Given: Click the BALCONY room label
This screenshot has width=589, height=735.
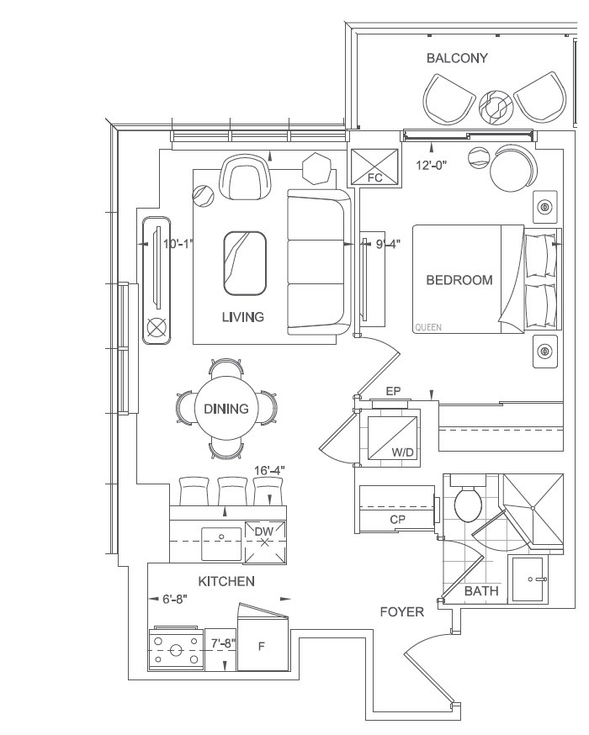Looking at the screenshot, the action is (457, 58).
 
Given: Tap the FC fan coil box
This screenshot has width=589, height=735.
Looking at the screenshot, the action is (375, 167).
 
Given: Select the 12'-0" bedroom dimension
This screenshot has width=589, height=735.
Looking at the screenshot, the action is (432, 165).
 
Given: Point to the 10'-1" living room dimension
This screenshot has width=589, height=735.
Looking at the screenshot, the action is (178, 244).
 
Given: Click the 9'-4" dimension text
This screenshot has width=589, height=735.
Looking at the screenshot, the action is (388, 244).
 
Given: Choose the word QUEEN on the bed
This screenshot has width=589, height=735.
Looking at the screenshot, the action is (428, 327).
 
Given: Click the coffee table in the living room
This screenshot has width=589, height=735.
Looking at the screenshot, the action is (245, 263).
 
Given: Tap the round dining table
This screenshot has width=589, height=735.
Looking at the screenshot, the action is (226, 408).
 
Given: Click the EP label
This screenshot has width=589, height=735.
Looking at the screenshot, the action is (393, 391).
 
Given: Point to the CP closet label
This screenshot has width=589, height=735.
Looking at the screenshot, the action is (398, 520).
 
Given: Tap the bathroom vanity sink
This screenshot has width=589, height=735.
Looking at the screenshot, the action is (529, 579).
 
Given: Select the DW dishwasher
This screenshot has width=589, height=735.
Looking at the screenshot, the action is (264, 542).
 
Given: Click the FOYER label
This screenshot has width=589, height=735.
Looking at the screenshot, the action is (402, 611).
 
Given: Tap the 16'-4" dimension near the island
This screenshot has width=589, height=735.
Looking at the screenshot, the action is (269, 470).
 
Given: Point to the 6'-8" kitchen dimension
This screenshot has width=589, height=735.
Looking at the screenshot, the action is (175, 599).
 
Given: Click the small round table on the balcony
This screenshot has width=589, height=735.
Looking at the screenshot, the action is (496, 108).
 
